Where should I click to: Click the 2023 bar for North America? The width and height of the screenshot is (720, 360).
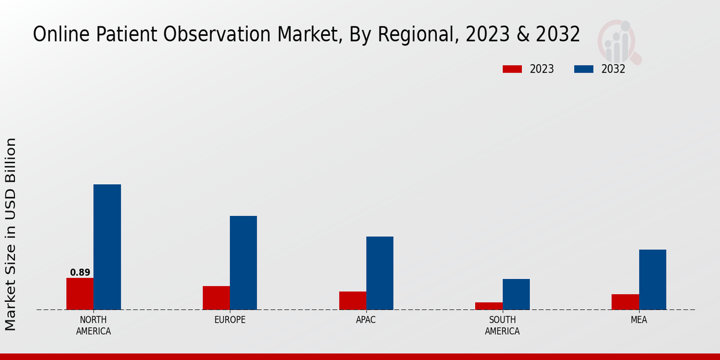[x=80, y=294]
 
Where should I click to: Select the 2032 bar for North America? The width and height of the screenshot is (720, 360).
[x=107, y=247]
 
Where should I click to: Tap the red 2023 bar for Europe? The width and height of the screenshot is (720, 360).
[x=216, y=298]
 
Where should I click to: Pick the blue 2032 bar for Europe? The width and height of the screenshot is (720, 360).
[x=244, y=263]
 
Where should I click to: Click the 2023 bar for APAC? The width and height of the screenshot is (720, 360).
[x=353, y=301]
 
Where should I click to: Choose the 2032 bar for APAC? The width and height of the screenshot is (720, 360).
[x=380, y=273]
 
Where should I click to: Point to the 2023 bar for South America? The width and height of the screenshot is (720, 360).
[x=489, y=306]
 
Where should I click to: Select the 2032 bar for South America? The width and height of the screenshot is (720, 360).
[x=516, y=295]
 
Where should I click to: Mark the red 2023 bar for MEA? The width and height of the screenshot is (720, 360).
[x=625, y=302]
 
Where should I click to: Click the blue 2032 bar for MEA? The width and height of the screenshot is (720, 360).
[x=652, y=280]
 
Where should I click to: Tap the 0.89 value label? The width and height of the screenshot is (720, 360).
[x=80, y=272]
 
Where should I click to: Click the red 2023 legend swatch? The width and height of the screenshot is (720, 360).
[x=512, y=69]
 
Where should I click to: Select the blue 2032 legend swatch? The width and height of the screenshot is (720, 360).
[x=584, y=69]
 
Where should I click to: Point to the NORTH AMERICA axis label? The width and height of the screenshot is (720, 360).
[x=94, y=325]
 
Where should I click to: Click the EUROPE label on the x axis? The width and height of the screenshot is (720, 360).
[x=230, y=320]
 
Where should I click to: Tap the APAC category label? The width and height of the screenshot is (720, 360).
[x=366, y=320]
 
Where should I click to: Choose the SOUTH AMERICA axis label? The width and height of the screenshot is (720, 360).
[x=502, y=325]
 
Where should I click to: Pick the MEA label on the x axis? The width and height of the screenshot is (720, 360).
[x=638, y=320]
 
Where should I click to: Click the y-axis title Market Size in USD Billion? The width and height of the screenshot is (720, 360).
[x=11, y=234]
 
